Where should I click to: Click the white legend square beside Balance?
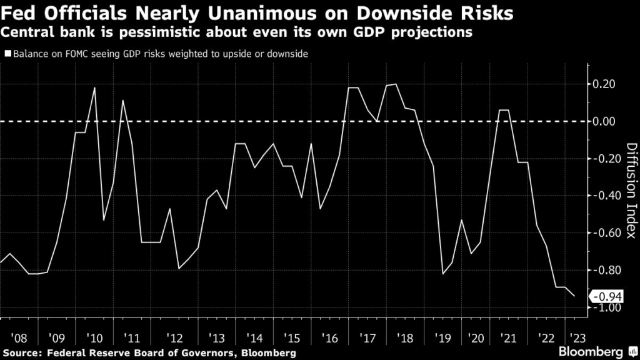coord(7,54)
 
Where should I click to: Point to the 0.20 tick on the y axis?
coord(604,84)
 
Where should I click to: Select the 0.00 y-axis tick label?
coord(604,121)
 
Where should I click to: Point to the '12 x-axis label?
coord(176,337)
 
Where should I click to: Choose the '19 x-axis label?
coord(443,337)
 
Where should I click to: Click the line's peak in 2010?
coord(94,87)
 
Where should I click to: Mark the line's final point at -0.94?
coord(575,296)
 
